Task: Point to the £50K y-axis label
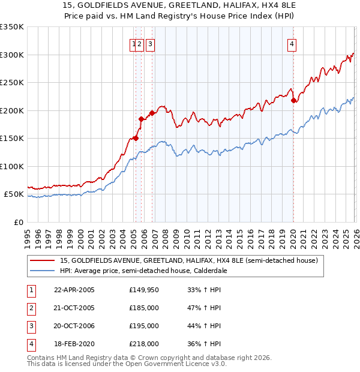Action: click(13, 194)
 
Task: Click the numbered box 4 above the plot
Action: click(292, 43)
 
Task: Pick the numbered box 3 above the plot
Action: click(149, 43)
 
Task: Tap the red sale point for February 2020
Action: click(293, 101)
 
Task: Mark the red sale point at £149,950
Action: click(136, 139)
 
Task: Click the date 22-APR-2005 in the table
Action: click(74, 290)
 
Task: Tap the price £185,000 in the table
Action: click(144, 308)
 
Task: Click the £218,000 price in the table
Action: click(144, 344)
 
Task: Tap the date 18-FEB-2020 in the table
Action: click(74, 344)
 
